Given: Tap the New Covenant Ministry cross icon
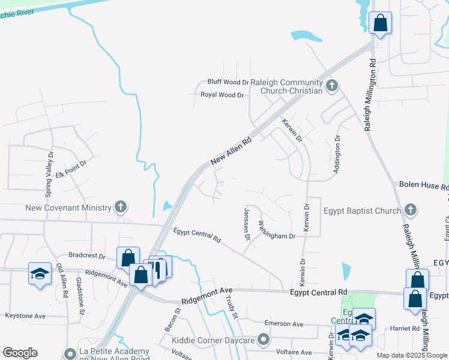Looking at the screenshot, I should tap(121, 208).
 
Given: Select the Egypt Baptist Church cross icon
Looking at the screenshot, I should tap(410, 211).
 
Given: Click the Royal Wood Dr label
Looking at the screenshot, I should tap(222, 95).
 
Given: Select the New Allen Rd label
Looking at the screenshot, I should tap(231, 150).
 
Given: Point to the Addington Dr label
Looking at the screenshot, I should tap(337, 155).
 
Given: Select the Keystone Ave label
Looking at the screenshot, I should tap(25, 316).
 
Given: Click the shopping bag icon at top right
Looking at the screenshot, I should tap(380, 23).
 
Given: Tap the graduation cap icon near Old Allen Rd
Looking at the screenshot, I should tap(40, 273).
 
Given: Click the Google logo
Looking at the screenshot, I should tap(20, 353).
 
